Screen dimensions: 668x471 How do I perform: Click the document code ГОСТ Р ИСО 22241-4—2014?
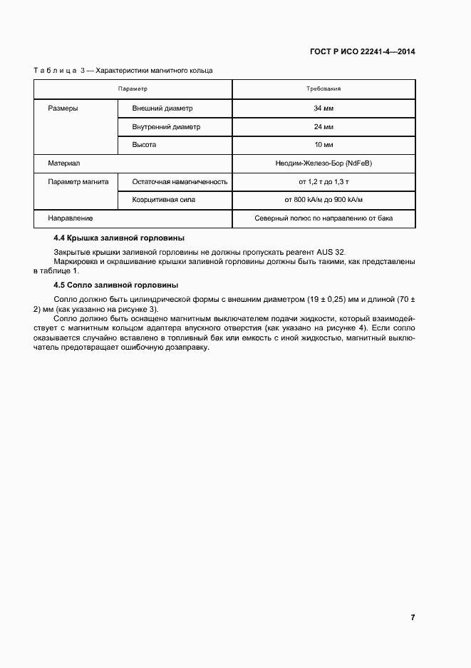pyautogui.click(x=363, y=52)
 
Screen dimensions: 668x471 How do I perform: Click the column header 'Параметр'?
pyautogui.click(x=133, y=89)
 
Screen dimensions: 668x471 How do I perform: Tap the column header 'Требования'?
pyautogui.click(x=324, y=89)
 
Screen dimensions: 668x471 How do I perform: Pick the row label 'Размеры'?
pyautogui.click(x=63, y=108)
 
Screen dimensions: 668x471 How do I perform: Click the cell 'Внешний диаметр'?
pyautogui.click(x=162, y=108)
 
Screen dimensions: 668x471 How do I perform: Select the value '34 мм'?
pyautogui.click(x=324, y=108)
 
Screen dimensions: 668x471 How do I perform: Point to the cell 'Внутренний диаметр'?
pyautogui.click(x=166, y=127)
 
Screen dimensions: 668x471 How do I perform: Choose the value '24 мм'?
pyautogui.click(x=324, y=127)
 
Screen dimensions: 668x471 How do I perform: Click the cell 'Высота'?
pyautogui.click(x=144, y=145)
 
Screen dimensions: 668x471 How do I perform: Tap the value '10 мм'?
pyautogui.click(x=324, y=145)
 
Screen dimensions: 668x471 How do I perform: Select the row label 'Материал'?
pyautogui.click(x=64, y=163)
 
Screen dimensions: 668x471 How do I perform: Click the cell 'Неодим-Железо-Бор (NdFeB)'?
pyautogui.click(x=324, y=163)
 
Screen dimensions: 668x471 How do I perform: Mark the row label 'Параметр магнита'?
pyautogui.click(x=78, y=182)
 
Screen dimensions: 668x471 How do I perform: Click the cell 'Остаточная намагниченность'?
pyautogui.click(x=180, y=182)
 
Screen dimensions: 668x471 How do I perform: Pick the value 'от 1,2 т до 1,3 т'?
pyautogui.click(x=324, y=182)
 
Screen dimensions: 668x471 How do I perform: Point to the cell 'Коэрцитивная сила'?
pyautogui.click(x=164, y=200)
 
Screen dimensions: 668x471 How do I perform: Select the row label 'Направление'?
pyautogui.click(x=70, y=218)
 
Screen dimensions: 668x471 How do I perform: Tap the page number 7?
pyautogui.click(x=413, y=617)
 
